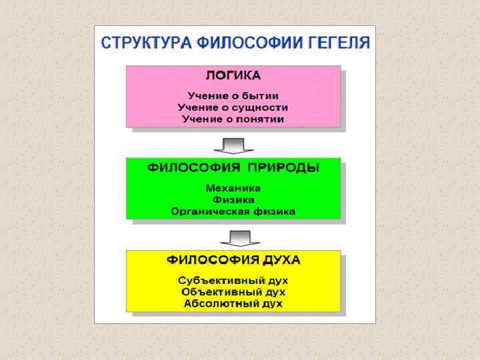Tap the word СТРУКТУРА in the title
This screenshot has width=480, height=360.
pos(145,43)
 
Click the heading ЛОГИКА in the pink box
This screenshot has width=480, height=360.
pos(233,75)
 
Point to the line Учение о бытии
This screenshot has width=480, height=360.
pos(233,95)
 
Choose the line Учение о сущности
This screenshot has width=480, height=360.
pos(233,107)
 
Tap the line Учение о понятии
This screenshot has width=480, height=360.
pos(233,119)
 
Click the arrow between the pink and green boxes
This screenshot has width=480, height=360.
pos(233,145)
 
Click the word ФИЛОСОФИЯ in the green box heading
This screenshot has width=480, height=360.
pos(193,167)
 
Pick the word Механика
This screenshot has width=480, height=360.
pos(233,188)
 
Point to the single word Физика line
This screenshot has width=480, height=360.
pos(233,200)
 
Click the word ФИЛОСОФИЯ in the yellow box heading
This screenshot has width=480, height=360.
pos(205,259)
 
